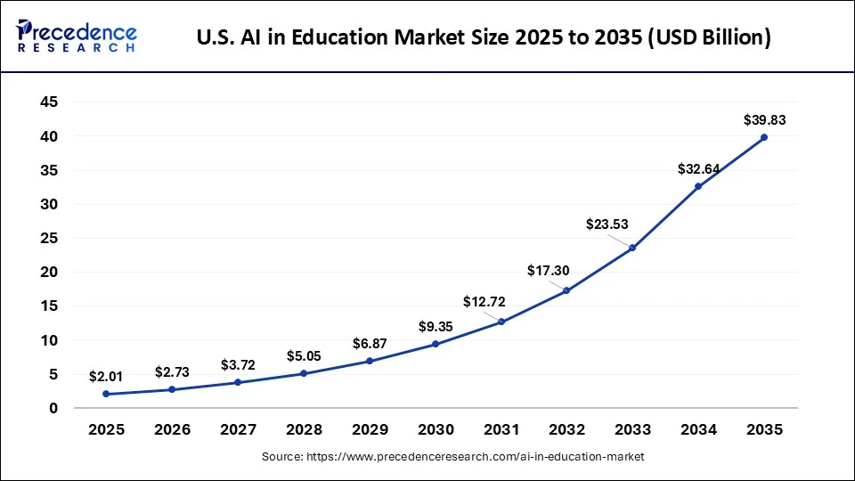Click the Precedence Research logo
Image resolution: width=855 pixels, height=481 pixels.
(77, 37)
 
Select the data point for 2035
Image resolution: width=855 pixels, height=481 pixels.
(764, 137)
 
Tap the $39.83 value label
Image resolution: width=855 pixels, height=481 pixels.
(764, 119)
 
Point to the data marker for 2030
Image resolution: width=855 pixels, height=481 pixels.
(436, 344)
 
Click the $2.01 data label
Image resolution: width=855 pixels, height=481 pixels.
(106, 377)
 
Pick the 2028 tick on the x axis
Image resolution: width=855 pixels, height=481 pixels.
(304, 429)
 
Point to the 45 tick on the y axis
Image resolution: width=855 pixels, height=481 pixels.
(49, 102)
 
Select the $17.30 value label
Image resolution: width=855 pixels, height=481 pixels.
(549, 270)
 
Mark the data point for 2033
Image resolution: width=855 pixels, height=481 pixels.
(632, 248)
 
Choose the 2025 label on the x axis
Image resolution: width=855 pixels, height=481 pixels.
(106, 429)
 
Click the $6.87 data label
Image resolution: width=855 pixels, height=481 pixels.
(370, 343)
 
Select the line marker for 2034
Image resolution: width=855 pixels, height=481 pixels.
(698, 186)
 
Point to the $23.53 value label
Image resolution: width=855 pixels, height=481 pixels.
(606, 224)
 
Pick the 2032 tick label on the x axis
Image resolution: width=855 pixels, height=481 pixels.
(566, 429)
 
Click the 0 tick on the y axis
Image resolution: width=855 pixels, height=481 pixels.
(53, 408)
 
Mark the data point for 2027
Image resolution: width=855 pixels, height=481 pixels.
(238, 382)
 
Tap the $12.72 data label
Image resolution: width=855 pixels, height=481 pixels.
(484, 302)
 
